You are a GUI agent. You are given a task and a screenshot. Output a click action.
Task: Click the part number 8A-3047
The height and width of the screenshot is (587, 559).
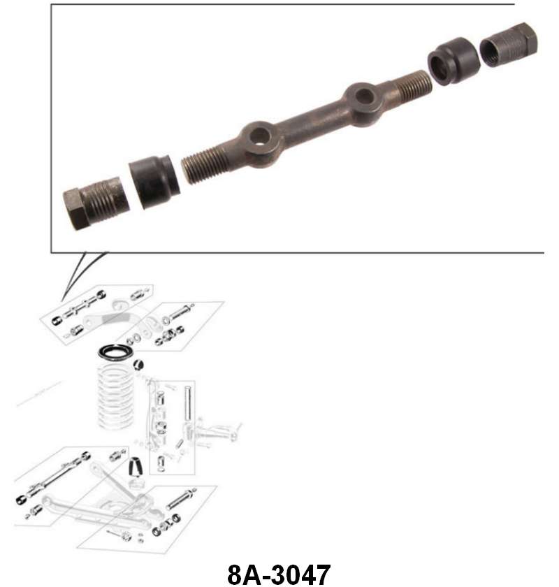279,574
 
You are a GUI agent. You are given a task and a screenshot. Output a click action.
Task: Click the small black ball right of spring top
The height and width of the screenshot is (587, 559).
140,362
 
